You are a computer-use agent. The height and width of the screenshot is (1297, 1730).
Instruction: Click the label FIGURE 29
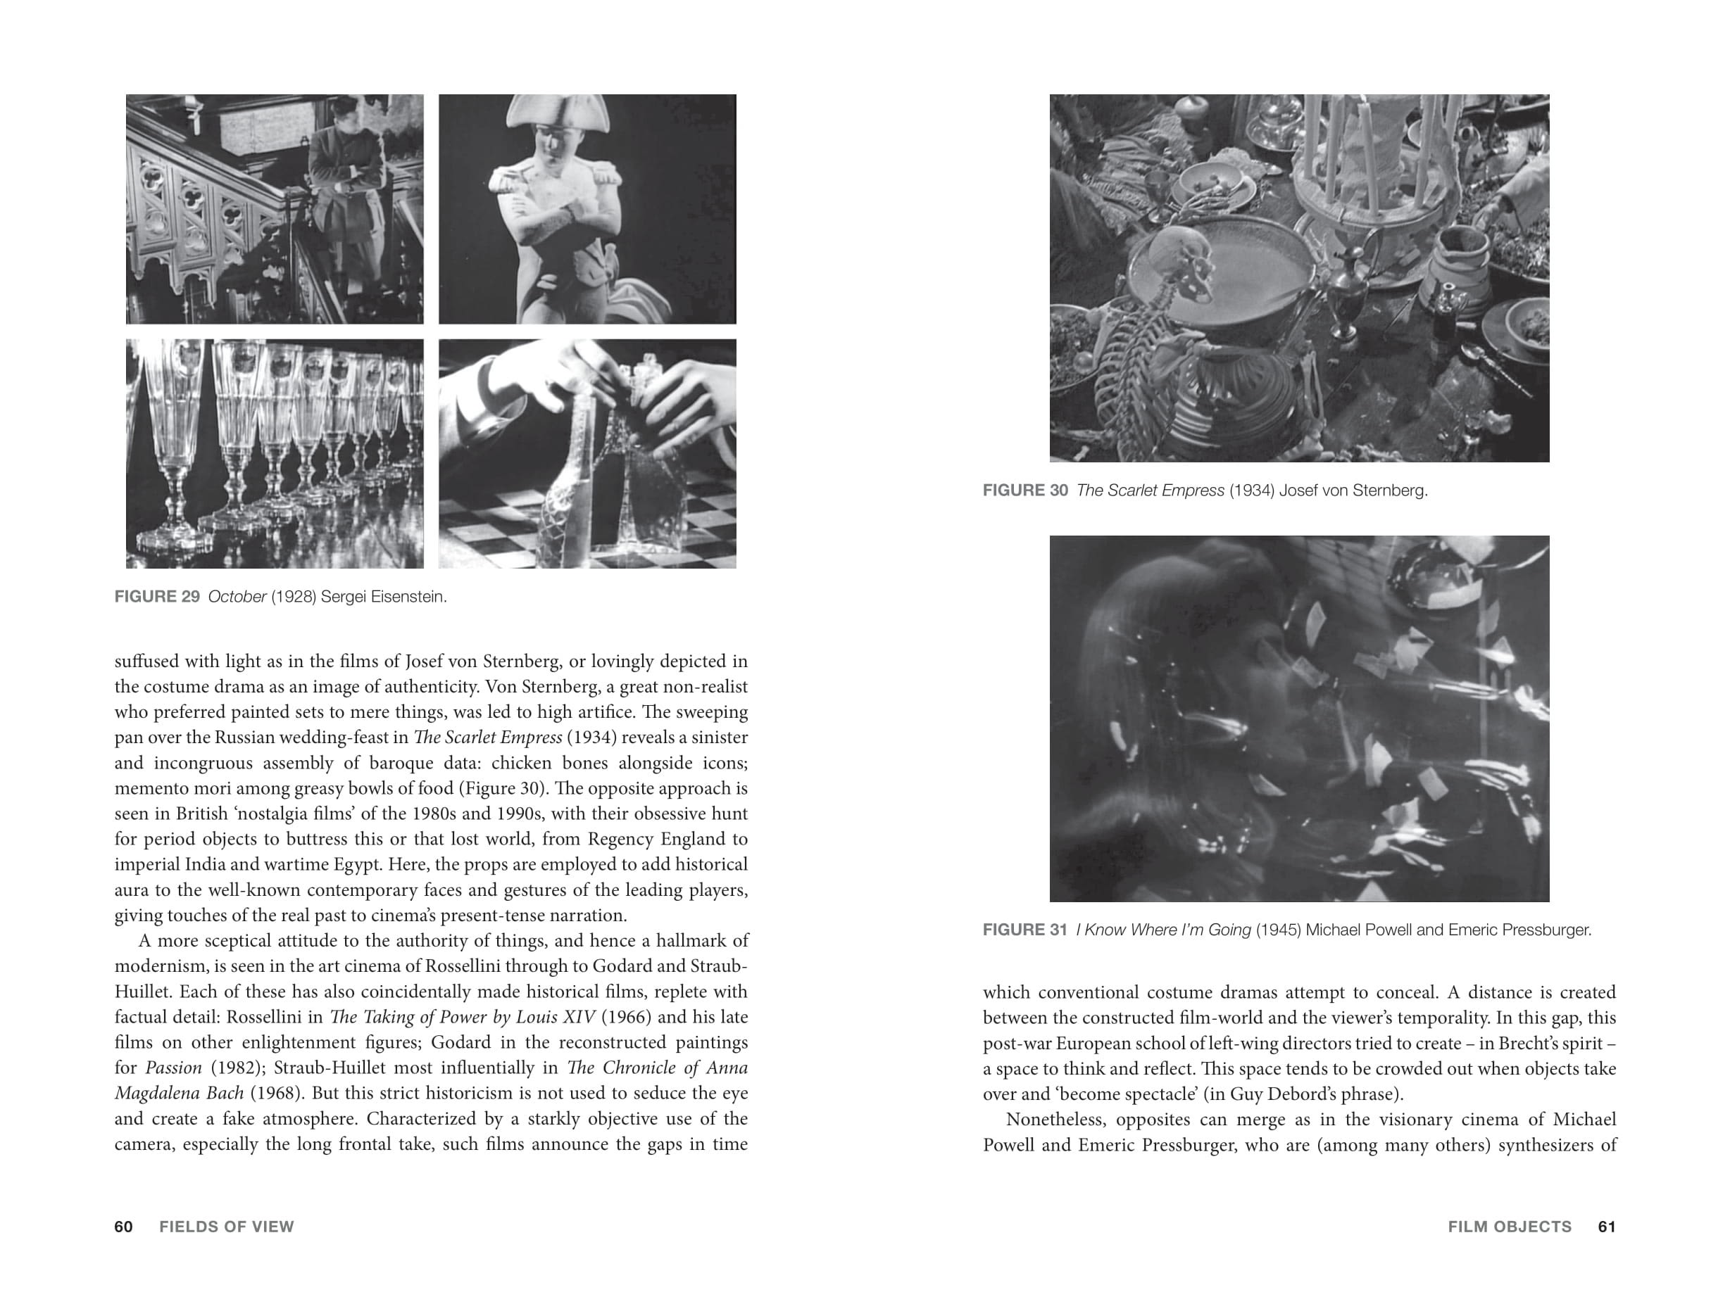157,597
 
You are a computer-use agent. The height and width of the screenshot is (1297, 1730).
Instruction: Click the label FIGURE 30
1024,491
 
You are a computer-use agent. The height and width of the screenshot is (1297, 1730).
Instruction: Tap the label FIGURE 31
1024,930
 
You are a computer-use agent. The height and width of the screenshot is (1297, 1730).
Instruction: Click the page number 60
124,1227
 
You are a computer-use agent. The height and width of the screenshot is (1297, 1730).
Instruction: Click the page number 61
1607,1227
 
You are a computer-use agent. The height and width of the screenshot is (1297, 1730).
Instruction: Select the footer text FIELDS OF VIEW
227,1227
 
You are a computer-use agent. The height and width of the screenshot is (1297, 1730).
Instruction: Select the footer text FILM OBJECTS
1510,1227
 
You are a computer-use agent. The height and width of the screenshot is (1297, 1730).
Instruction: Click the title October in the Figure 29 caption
237,597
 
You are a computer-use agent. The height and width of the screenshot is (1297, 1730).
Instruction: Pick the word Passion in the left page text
173,1068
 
